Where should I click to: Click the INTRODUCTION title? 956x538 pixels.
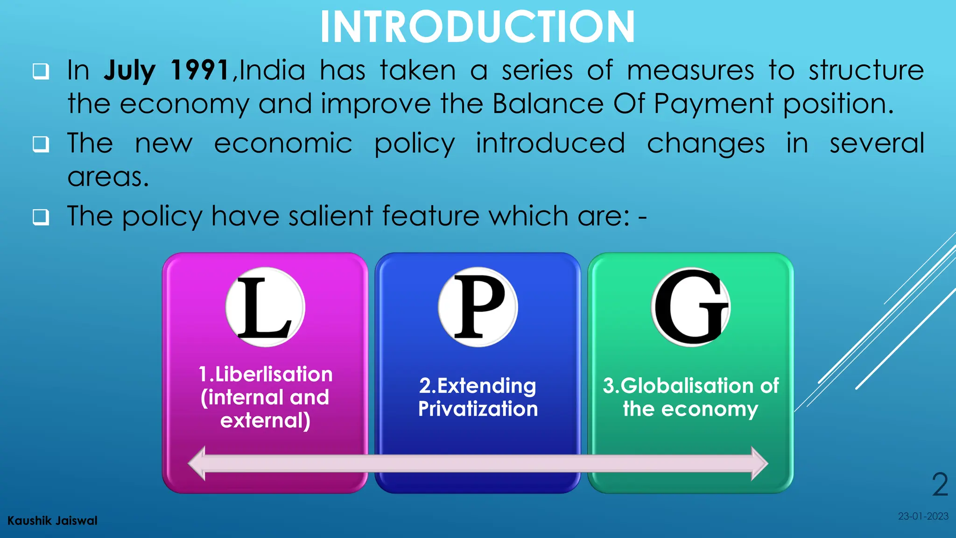[478, 27]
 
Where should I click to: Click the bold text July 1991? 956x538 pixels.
[166, 71]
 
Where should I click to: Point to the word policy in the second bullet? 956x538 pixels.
[414, 144]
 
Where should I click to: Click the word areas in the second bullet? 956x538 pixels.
[108, 177]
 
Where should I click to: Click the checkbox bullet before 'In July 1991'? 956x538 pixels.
[41, 71]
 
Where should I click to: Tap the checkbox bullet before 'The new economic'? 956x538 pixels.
[41, 144]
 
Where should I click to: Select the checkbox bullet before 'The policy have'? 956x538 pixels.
[41, 217]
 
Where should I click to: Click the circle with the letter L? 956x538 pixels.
[265, 307]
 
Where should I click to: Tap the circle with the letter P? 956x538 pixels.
[478, 307]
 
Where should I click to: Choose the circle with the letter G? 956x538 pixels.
[691, 307]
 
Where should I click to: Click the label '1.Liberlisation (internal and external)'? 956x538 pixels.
[265, 397]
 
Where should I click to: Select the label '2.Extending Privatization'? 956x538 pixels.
[478, 397]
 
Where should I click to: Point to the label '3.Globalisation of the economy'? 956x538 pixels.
[691, 397]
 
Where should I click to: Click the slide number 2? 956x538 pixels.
[940, 485]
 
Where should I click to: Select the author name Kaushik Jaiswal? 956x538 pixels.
[52, 521]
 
